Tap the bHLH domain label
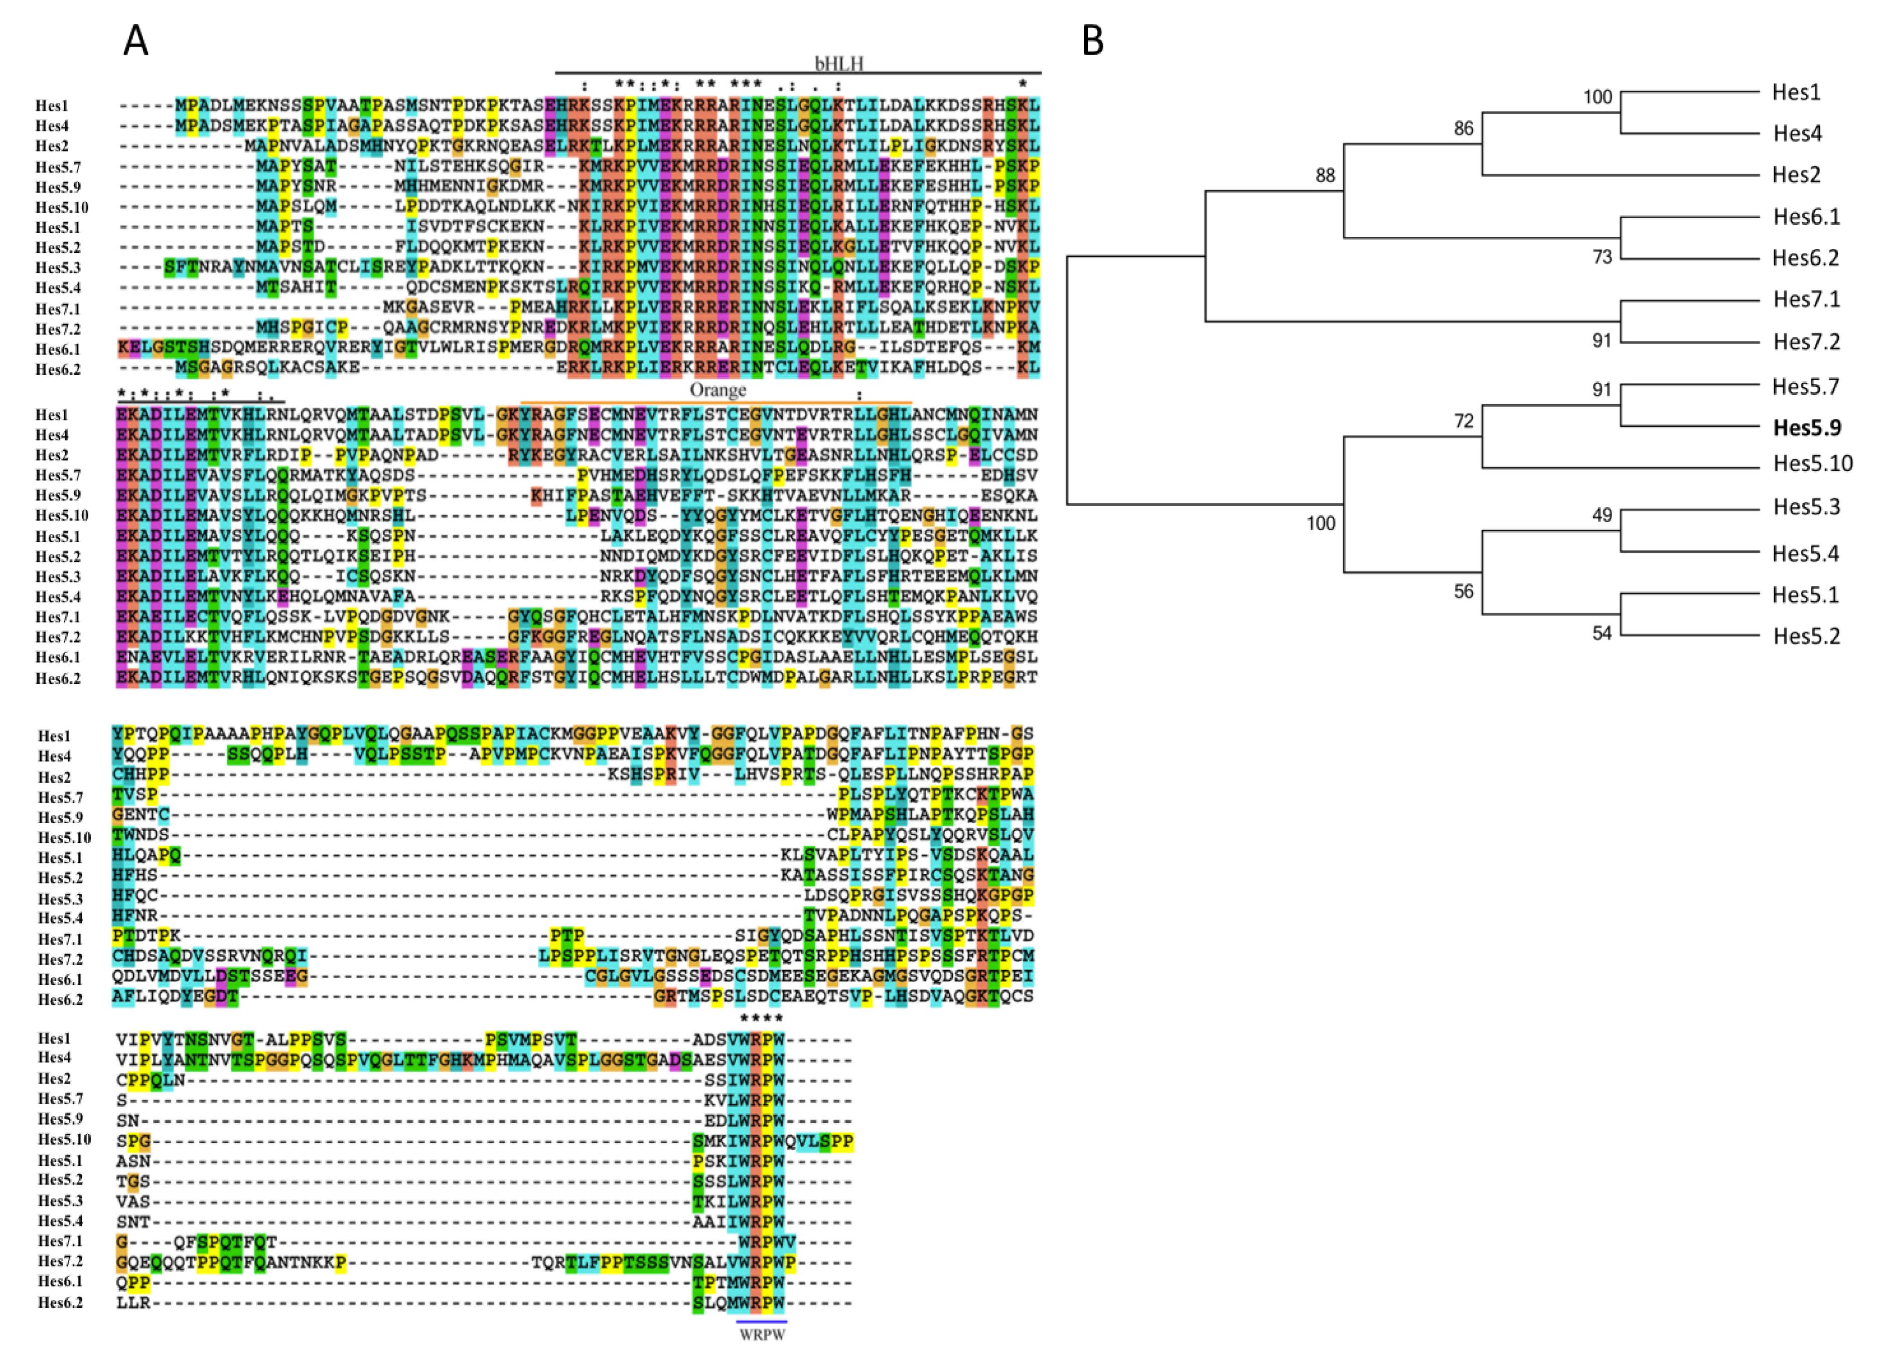839,64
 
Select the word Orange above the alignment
717,390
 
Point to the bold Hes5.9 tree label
1807,427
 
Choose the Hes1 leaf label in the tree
1796,92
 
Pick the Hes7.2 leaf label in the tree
1806,342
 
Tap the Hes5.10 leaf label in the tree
1813,463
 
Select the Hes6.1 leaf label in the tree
1806,217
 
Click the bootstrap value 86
1464,128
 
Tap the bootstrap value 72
1464,421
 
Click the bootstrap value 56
1464,591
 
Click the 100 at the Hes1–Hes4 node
1598,97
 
